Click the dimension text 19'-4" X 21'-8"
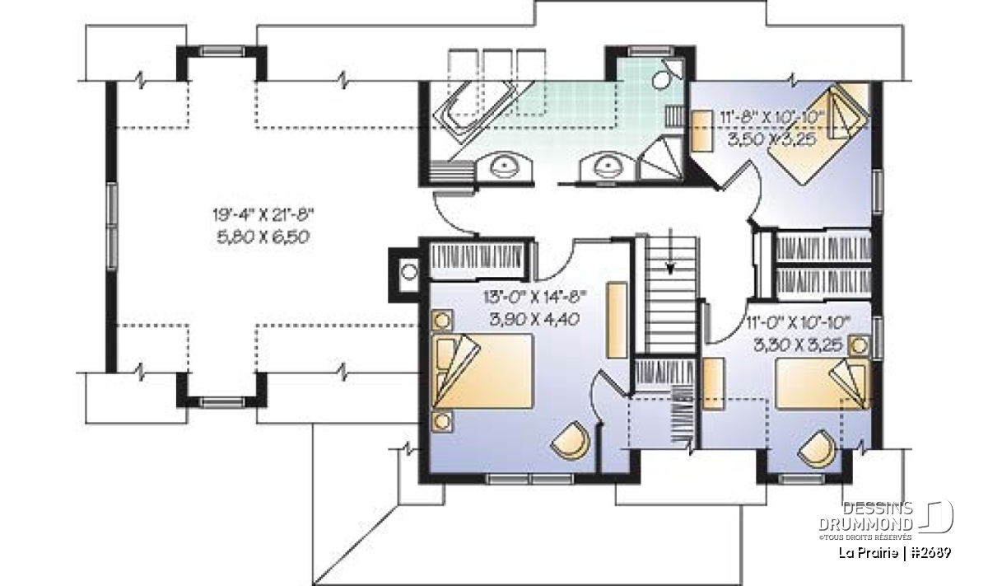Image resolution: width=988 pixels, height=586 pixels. click(x=263, y=215)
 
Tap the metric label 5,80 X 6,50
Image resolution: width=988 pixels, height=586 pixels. click(x=263, y=237)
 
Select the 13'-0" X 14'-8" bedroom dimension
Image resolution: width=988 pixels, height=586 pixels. click(x=535, y=298)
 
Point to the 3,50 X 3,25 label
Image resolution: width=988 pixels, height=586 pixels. click(x=772, y=139)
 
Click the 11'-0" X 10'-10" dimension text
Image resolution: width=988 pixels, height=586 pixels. click(x=798, y=322)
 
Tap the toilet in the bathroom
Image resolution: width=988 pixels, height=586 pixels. click(x=667, y=75)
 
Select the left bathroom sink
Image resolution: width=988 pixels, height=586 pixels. click(x=503, y=166)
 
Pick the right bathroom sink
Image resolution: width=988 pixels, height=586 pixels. click(x=608, y=166)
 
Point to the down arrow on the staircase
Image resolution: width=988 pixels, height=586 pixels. click(x=670, y=251)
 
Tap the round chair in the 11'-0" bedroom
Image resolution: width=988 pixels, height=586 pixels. click(x=818, y=448)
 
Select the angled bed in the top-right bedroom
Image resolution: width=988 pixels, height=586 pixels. click(x=819, y=133)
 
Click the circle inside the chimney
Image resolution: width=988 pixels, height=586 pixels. click(x=409, y=272)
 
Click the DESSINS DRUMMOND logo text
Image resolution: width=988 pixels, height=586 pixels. click(x=865, y=516)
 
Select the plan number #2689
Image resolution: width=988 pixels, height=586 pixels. click(x=930, y=552)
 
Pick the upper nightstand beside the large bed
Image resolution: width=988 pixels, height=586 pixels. click(x=441, y=320)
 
